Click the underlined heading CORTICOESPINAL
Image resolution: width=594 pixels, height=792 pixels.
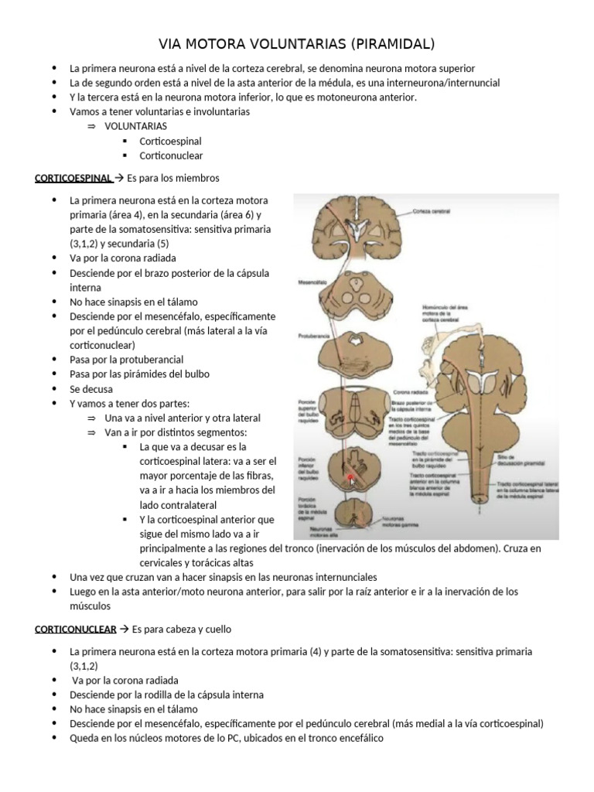coord(73,178)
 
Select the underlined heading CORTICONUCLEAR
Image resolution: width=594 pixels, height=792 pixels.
coord(75,630)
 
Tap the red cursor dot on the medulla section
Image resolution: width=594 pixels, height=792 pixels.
coord(350,479)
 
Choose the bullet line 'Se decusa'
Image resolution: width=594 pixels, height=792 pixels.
coord(91,389)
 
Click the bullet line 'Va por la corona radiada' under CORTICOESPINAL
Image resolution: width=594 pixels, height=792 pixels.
coord(122,258)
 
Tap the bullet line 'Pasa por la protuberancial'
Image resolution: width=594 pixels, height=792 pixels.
coord(126,360)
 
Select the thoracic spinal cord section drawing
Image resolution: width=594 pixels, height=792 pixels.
coord(359,517)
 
